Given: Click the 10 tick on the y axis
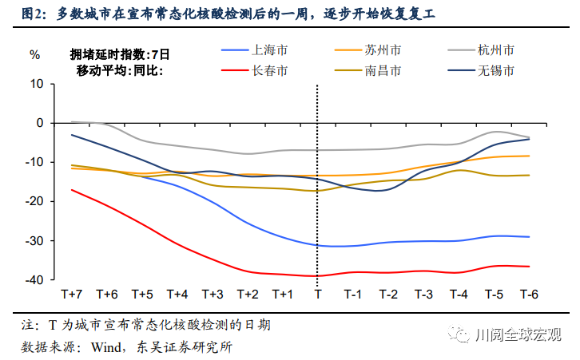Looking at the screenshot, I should (35, 84).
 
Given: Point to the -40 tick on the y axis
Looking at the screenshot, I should (33, 280).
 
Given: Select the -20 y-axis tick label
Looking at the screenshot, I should (33, 202).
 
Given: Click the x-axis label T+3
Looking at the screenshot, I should (213, 295).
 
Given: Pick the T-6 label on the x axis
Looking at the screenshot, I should (529, 295).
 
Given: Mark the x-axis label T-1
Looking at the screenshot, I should (353, 295).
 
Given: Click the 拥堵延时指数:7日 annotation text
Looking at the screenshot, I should (120, 54).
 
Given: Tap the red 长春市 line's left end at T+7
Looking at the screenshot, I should (72, 190).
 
